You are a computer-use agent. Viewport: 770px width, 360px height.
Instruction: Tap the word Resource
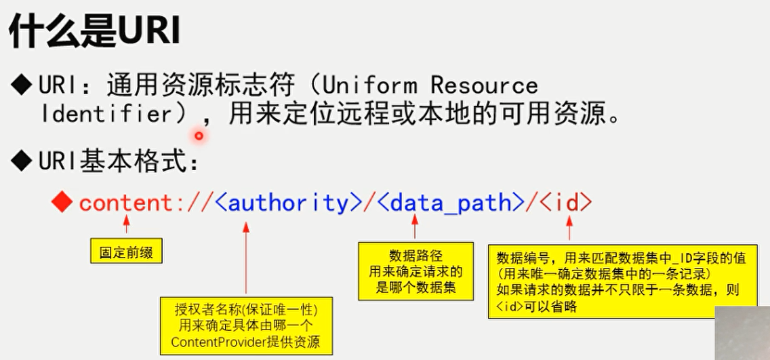pyautogui.click(x=484, y=85)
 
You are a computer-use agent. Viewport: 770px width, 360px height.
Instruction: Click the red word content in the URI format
pyautogui.click(x=127, y=203)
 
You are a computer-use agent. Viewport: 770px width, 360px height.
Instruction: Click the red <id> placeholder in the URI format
pyautogui.click(x=567, y=203)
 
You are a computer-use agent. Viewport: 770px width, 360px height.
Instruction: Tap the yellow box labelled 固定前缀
pyautogui.click(x=126, y=253)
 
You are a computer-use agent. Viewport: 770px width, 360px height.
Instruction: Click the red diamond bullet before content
pyautogui.click(x=62, y=203)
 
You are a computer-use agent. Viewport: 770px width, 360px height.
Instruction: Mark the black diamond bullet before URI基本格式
pyautogui.click(x=22, y=163)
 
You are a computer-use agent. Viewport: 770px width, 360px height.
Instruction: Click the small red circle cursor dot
pyautogui.click(x=199, y=136)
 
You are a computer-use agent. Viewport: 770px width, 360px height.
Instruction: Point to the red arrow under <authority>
pyautogui.click(x=246, y=258)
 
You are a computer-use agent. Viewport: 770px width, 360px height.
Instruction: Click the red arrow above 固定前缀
pyautogui.click(x=126, y=224)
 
